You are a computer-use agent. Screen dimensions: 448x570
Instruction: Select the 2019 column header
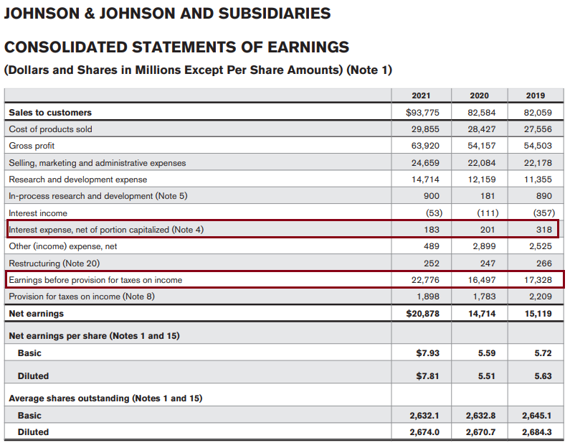pyautogui.click(x=536, y=95)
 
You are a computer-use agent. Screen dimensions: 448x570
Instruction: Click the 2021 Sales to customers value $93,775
pyautogui.click(x=423, y=112)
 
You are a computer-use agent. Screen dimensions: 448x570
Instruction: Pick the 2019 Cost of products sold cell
pyautogui.click(x=538, y=129)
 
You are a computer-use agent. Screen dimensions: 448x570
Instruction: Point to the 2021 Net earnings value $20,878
pyautogui.click(x=423, y=313)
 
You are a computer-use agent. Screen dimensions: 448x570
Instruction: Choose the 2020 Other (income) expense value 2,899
pyautogui.click(x=483, y=246)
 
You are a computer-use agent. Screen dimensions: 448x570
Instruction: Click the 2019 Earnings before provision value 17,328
pyautogui.click(x=538, y=279)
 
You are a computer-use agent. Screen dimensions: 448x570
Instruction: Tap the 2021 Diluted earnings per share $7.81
pyautogui.click(x=428, y=375)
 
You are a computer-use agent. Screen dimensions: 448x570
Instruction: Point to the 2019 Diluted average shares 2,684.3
pyautogui.click(x=536, y=431)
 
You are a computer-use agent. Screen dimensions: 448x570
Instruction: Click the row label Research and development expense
pyautogui.click(x=77, y=179)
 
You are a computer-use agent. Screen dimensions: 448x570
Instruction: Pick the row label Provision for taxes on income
pyautogui.click(x=81, y=296)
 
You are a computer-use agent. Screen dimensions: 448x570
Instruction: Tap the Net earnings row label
pyautogui.click(x=36, y=313)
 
